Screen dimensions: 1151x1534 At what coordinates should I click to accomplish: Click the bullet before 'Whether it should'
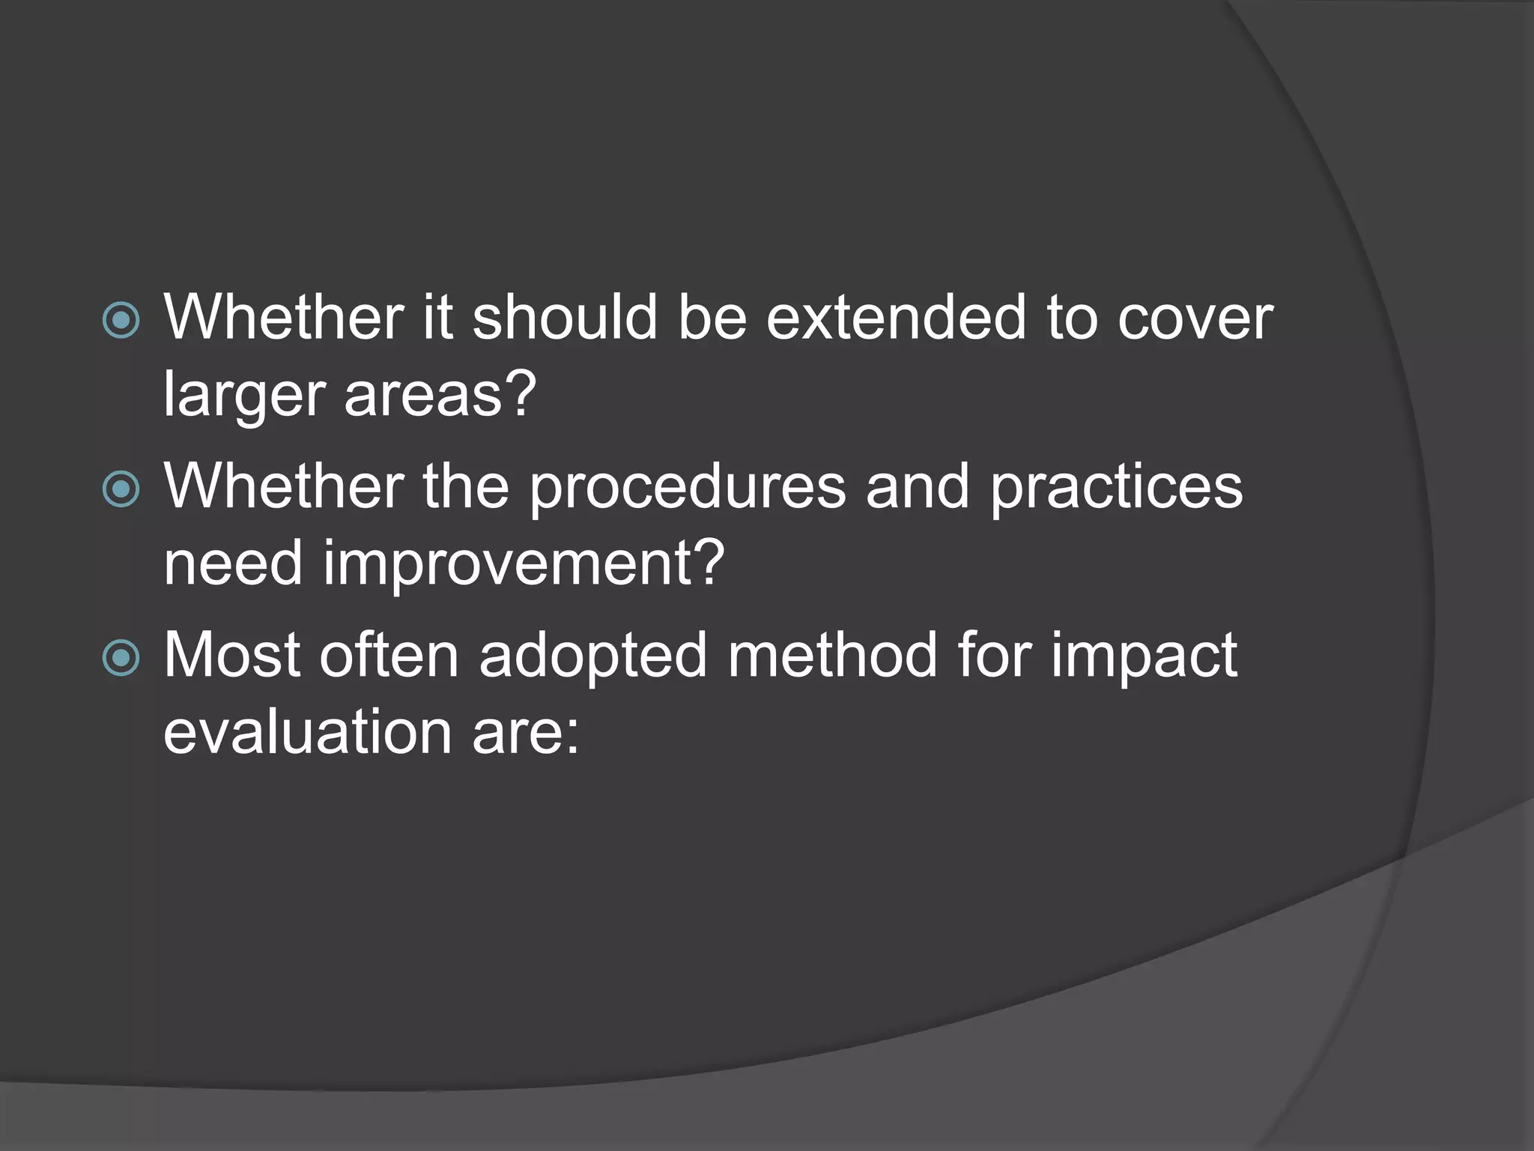[x=121, y=321]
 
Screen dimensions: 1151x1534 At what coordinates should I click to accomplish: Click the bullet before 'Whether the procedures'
[x=121, y=489]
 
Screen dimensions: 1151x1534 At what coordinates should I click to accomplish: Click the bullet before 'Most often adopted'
[x=121, y=658]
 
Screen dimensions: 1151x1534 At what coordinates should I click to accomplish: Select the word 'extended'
[x=895, y=318]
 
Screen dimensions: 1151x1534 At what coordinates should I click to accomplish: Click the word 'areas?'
[x=440, y=394]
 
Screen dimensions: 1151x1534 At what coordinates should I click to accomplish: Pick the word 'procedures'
[x=687, y=489]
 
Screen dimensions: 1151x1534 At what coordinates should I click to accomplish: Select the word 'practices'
[x=1116, y=489]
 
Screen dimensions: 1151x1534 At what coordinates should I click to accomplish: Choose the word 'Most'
[x=231, y=656]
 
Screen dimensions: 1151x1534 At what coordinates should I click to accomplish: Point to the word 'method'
[x=832, y=656]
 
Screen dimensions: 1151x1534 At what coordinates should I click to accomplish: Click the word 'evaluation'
[x=307, y=731]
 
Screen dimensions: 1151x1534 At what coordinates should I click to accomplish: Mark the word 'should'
[x=564, y=318]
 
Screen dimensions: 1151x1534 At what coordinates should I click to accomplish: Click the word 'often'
[x=389, y=656]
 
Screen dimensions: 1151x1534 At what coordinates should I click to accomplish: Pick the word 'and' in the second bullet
[x=917, y=487]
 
